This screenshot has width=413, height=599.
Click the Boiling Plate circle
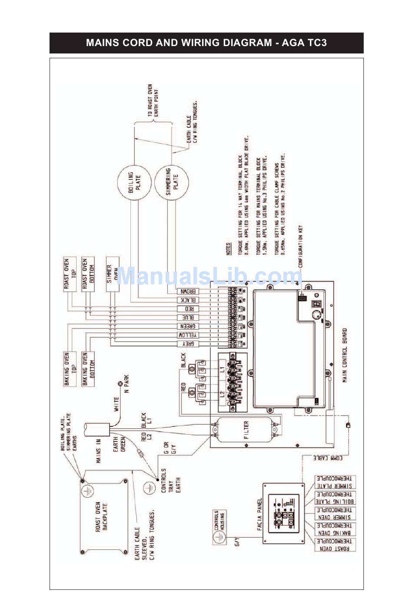(x=134, y=182)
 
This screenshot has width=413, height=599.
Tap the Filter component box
(x=246, y=429)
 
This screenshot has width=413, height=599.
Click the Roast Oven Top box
(x=70, y=274)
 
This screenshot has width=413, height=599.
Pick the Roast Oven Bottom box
(x=88, y=274)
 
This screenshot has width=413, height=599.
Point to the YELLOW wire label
(x=188, y=335)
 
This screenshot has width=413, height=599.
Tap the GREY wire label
(x=188, y=344)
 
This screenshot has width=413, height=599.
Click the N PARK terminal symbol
(x=119, y=384)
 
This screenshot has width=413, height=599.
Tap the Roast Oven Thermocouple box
(x=335, y=545)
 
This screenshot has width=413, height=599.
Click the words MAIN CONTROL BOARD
(x=344, y=355)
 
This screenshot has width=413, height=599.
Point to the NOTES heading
(x=229, y=249)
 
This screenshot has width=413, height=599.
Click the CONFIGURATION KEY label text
(x=300, y=246)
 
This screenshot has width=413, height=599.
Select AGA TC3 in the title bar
(x=304, y=43)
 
